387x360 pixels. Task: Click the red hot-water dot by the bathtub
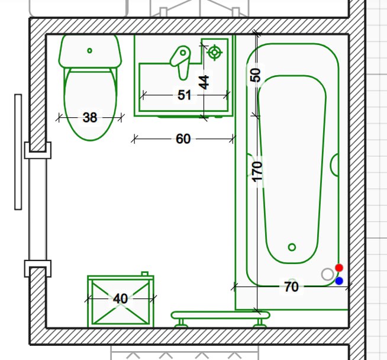(339, 268)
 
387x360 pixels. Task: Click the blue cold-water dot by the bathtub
(339, 281)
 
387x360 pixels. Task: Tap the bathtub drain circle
(292, 247)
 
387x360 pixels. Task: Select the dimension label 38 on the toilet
(90, 117)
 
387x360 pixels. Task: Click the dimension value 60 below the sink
(183, 139)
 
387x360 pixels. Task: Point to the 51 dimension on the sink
(184, 95)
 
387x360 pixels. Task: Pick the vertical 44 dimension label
(204, 82)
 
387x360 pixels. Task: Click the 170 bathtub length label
(257, 172)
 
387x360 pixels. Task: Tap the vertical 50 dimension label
(255, 75)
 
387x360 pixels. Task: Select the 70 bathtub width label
(292, 287)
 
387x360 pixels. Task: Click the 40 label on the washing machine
(121, 299)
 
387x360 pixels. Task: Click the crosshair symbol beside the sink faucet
(214, 52)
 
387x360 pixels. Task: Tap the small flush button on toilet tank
(89, 50)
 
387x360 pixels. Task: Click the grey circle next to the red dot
(328, 274)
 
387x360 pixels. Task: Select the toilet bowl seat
(90, 104)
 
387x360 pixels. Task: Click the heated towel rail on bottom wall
(220, 319)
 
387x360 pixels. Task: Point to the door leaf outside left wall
(18, 152)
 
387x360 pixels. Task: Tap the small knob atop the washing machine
(145, 274)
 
